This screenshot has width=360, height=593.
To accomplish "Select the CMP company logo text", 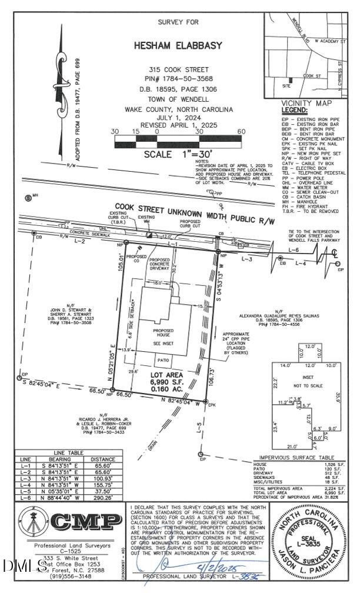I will click(88, 521).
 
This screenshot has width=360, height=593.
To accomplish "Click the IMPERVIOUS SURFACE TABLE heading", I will click(301, 458).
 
